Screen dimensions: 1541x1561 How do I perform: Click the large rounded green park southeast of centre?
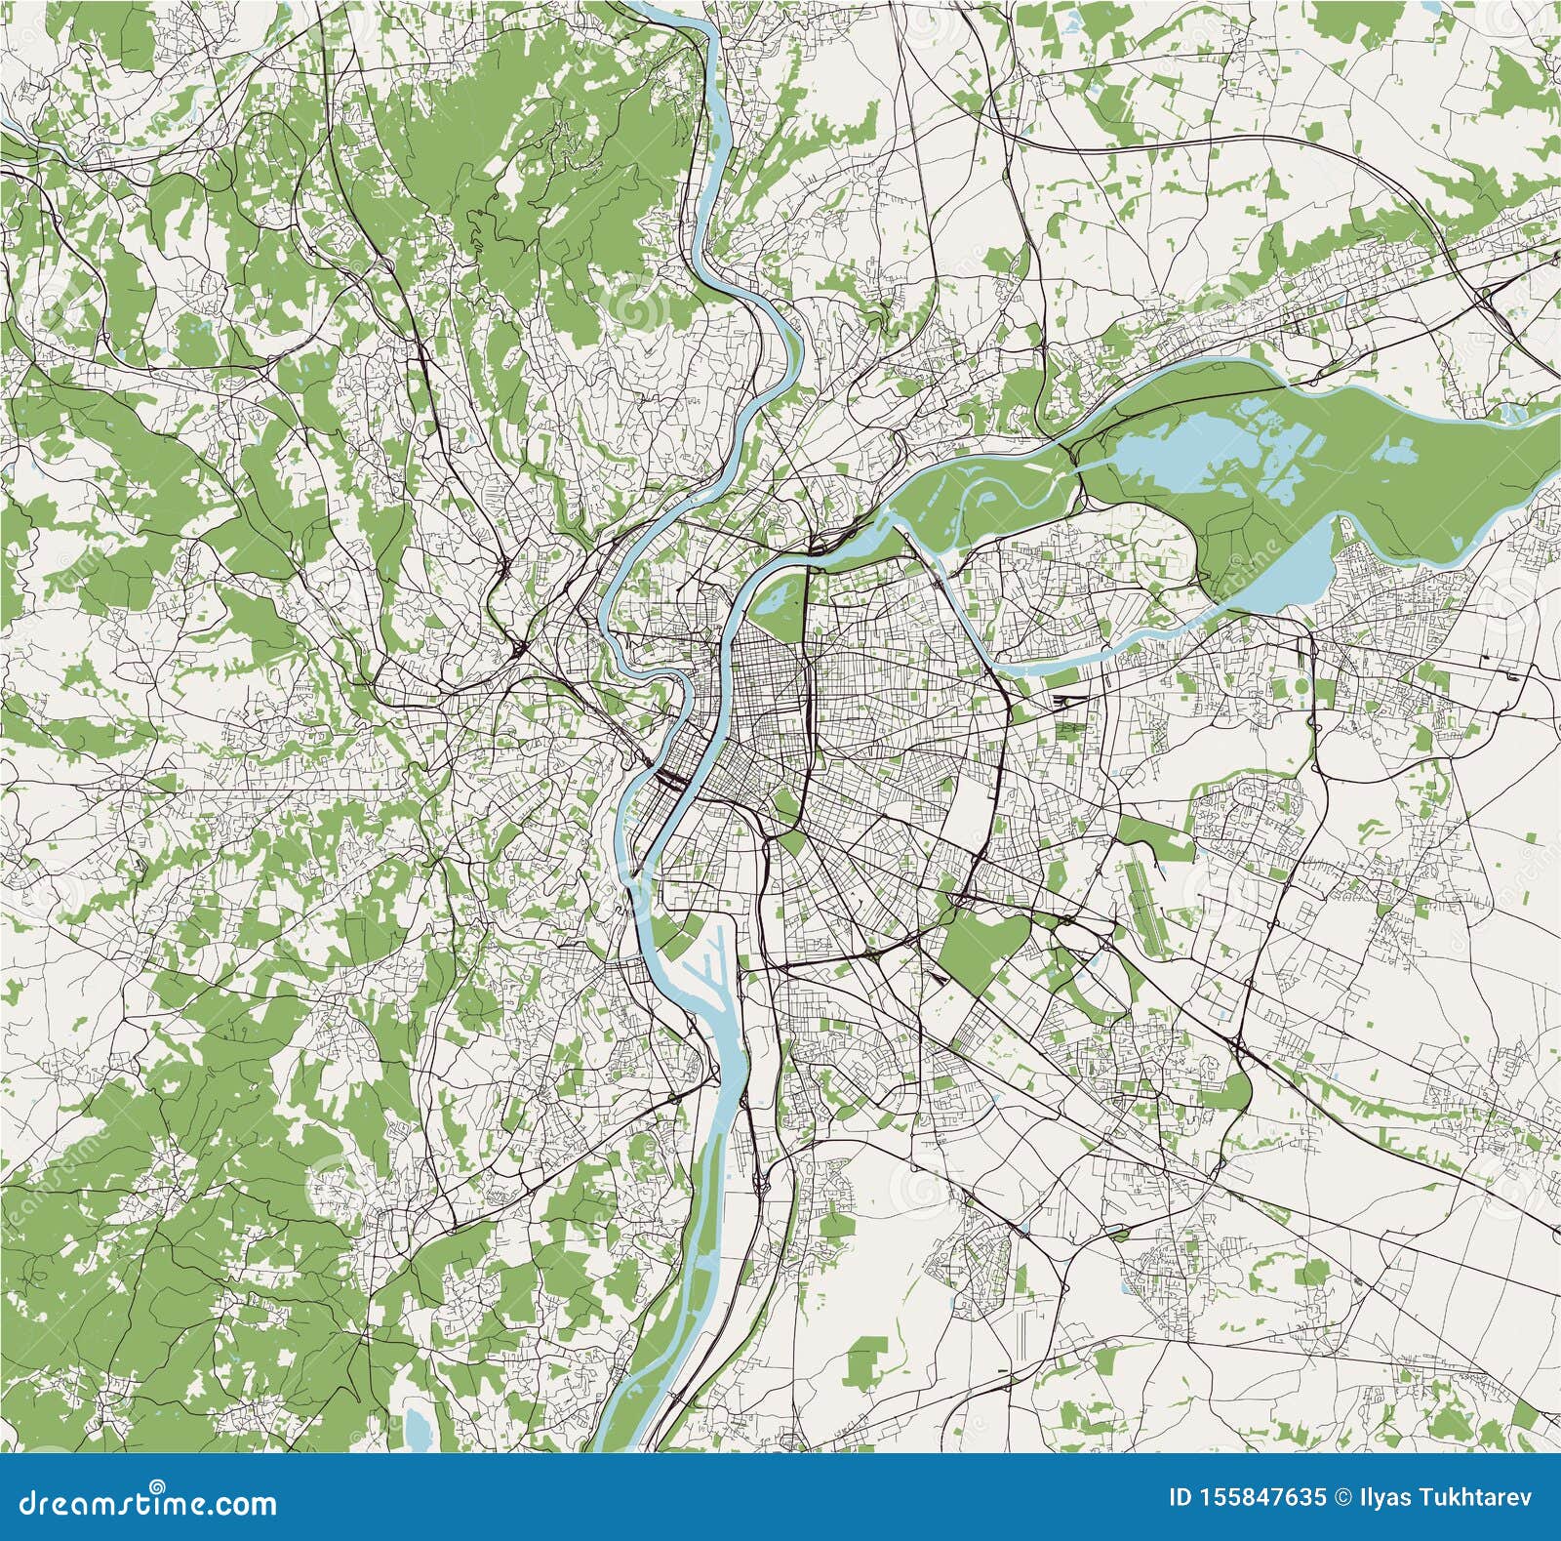click(981, 943)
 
